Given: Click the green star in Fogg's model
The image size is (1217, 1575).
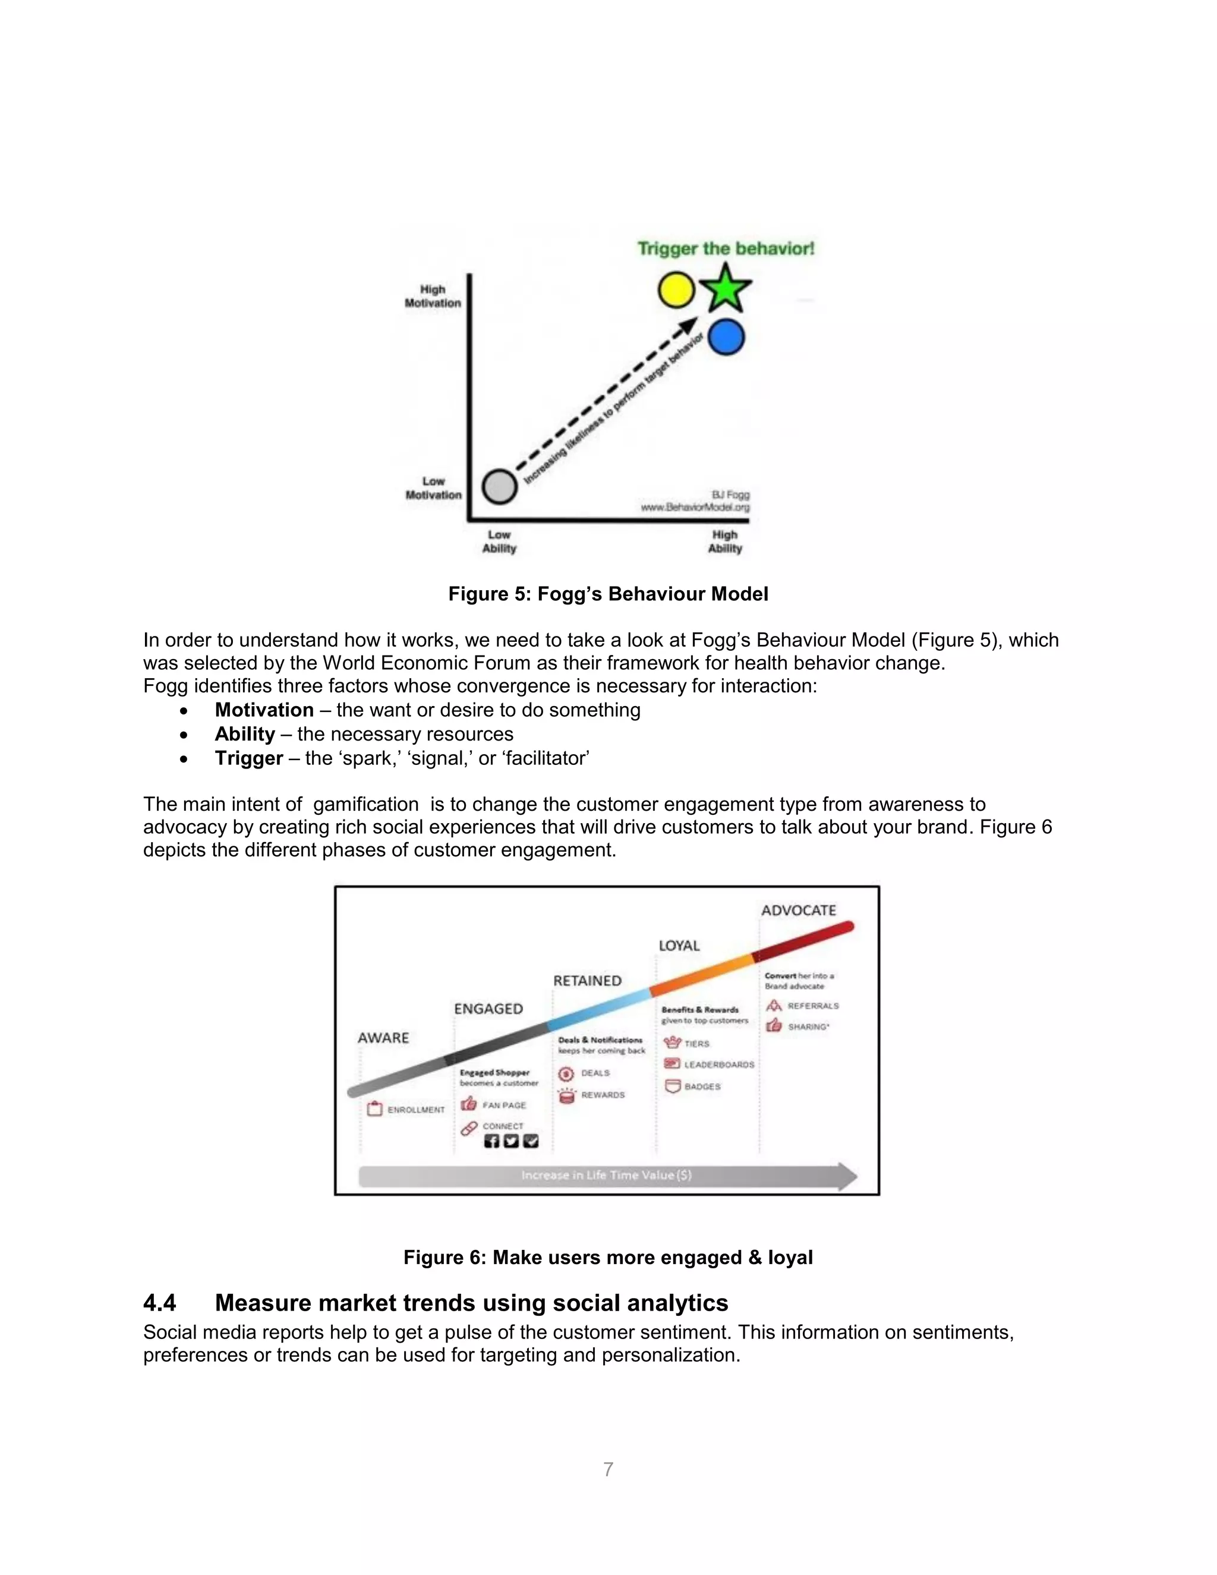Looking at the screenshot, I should click(726, 288).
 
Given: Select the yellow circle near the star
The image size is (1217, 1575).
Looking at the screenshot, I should click(676, 290).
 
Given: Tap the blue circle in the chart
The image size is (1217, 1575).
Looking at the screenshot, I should click(726, 338).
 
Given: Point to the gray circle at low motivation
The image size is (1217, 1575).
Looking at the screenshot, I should click(499, 486).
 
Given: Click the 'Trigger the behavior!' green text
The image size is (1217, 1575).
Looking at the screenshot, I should click(726, 249).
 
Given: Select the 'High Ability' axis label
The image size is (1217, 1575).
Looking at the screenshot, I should click(724, 541).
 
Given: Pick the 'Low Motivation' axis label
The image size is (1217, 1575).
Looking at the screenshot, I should click(433, 488).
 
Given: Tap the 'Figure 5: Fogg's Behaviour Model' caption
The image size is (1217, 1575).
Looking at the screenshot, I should click(608, 594).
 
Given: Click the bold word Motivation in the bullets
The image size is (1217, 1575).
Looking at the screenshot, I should click(264, 710).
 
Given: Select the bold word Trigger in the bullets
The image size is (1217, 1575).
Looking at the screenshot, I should click(249, 758).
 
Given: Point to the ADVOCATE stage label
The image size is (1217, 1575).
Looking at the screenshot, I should click(798, 910).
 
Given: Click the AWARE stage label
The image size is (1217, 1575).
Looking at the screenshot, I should click(383, 1038).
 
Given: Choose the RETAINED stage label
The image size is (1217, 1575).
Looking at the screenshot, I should click(587, 981).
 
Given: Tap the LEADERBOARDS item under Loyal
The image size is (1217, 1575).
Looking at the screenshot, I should click(719, 1064).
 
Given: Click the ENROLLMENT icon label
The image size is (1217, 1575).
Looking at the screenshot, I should click(415, 1110).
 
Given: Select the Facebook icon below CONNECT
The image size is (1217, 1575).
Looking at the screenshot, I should click(491, 1141).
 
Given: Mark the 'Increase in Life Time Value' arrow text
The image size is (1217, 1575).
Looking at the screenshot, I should click(606, 1175).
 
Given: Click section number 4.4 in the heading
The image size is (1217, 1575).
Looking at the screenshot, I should click(159, 1303).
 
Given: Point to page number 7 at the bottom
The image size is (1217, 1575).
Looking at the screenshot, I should click(608, 1469).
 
